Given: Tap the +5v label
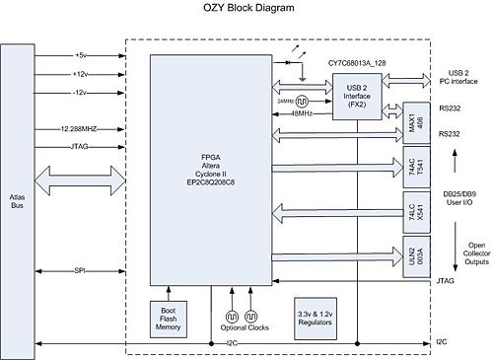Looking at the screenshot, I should coord(81,54).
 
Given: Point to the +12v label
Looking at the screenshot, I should coord(82,74).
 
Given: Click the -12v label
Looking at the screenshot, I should coord(82,93).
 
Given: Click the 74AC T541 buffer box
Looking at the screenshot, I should coord(413,166).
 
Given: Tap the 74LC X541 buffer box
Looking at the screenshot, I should coord(413,210).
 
